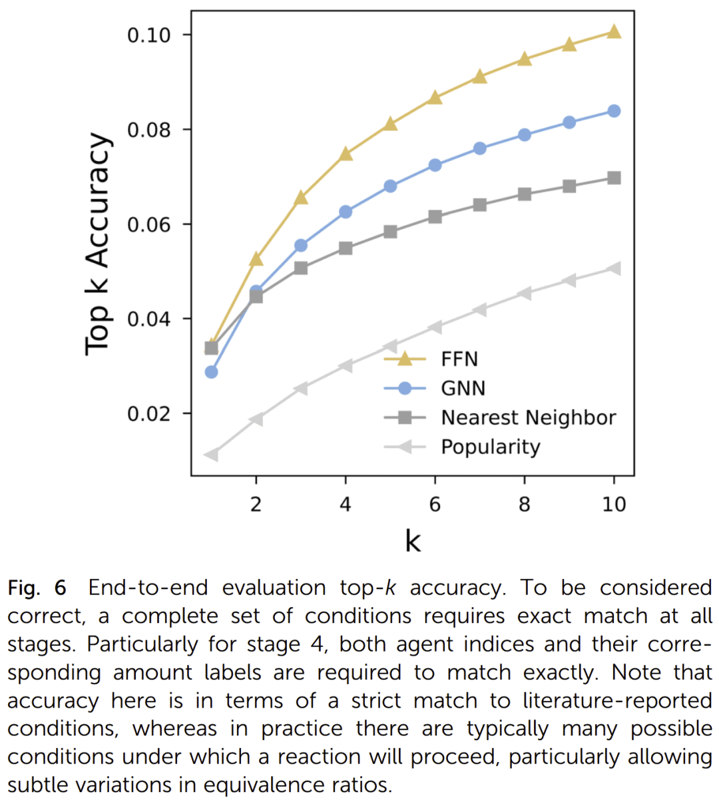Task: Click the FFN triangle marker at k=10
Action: (614, 32)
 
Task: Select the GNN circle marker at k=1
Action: (211, 372)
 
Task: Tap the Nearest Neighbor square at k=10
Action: (614, 178)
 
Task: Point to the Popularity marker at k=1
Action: (211, 455)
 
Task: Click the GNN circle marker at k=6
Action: (435, 165)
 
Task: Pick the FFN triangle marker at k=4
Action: (346, 154)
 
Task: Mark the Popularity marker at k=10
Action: (614, 269)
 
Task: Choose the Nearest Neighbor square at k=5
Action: (390, 232)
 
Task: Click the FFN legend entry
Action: (459, 359)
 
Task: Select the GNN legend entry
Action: (463, 389)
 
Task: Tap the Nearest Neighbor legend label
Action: (528, 418)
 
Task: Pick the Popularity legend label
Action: (490, 447)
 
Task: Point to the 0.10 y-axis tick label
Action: (148, 35)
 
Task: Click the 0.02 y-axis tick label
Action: (148, 413)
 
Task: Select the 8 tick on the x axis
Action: (525, 504)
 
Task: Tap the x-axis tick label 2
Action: (256, 504)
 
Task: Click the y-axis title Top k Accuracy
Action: (98, 244)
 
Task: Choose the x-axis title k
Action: (413, 541)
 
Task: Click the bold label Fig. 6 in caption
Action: (37, 588)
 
